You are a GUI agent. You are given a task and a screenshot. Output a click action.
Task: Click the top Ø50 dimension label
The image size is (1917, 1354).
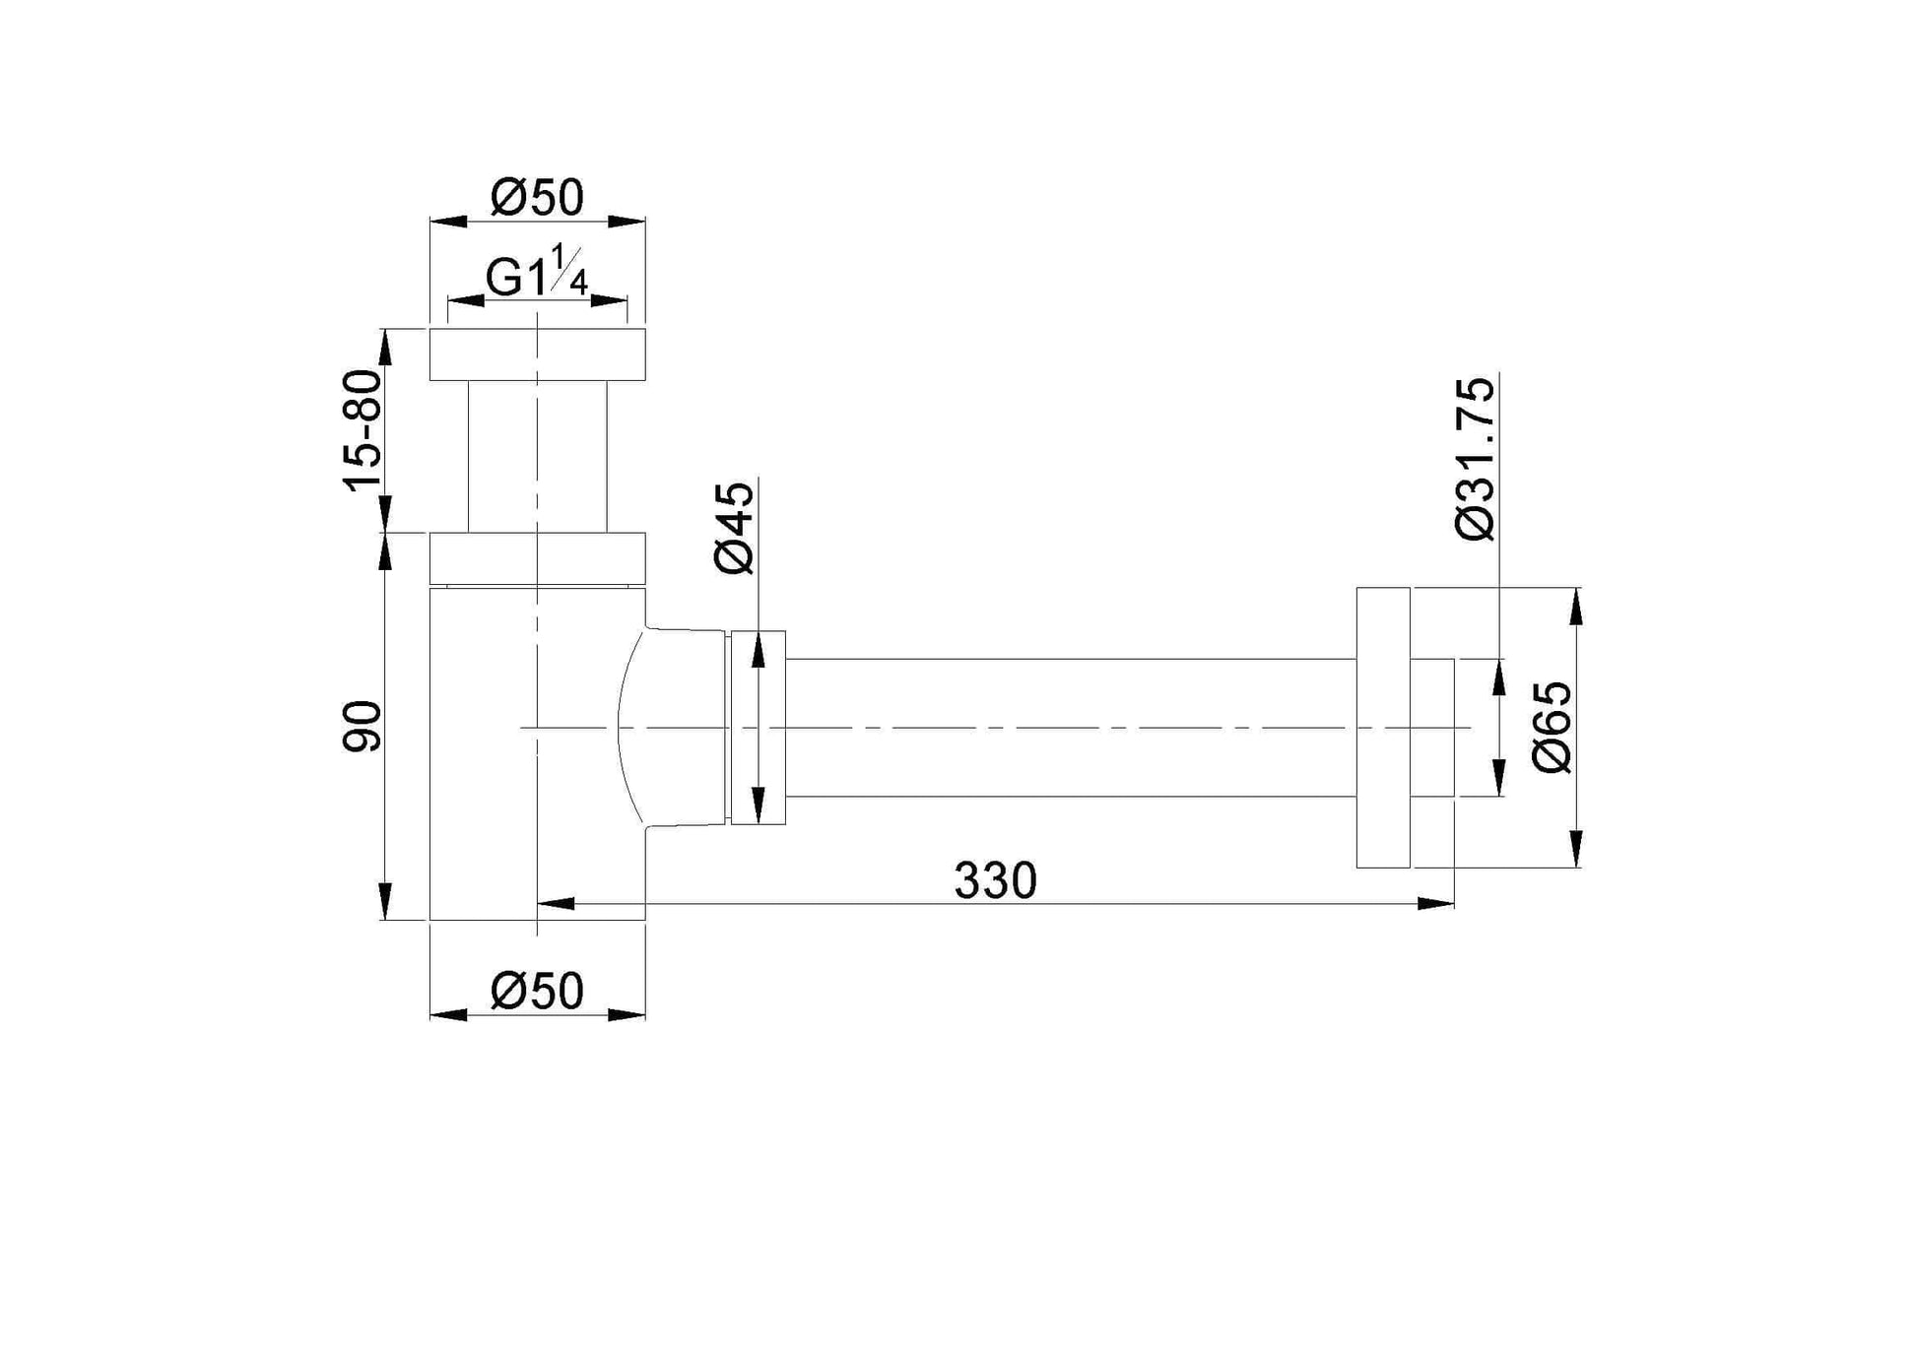point(537,198)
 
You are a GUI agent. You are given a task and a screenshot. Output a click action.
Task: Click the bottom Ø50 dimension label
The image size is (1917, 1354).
point(537,991)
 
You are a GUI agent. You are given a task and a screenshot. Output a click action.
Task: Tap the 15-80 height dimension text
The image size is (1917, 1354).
point(362,429)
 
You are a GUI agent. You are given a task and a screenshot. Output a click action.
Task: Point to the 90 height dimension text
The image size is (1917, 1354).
point(362,727)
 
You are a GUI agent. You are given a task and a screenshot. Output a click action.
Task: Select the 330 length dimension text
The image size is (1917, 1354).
point(995,880)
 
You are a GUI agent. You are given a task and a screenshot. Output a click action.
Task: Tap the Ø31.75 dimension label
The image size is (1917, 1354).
point(1475,458)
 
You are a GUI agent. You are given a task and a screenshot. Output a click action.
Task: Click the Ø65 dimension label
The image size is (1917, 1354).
point(1553,727)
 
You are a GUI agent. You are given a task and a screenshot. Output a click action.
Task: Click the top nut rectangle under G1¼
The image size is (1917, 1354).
point(537,355)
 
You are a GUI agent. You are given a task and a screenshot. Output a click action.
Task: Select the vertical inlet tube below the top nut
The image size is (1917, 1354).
point(537,456)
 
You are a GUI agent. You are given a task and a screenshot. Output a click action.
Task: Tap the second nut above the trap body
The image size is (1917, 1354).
point(537,557)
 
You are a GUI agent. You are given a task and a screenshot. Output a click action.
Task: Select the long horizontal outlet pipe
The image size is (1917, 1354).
point(1069,727)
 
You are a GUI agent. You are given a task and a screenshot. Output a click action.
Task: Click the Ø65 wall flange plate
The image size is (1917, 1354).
point(1382,727)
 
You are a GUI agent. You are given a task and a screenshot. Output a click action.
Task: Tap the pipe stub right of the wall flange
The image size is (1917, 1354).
point(1432,727)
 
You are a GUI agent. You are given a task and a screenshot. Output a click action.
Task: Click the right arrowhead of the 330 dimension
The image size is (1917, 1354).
point(1435,903)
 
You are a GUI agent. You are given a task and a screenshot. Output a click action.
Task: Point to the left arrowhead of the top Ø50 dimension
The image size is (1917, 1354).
point(448,222)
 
